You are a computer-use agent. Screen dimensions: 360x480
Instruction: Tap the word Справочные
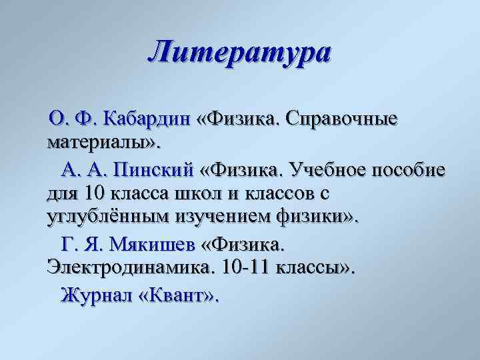pos(341,119)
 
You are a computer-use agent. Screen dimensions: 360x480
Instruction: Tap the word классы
pos(307,269)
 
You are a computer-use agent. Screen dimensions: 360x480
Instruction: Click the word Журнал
pos(96,294)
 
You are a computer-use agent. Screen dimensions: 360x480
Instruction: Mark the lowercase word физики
pos(325,219)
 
